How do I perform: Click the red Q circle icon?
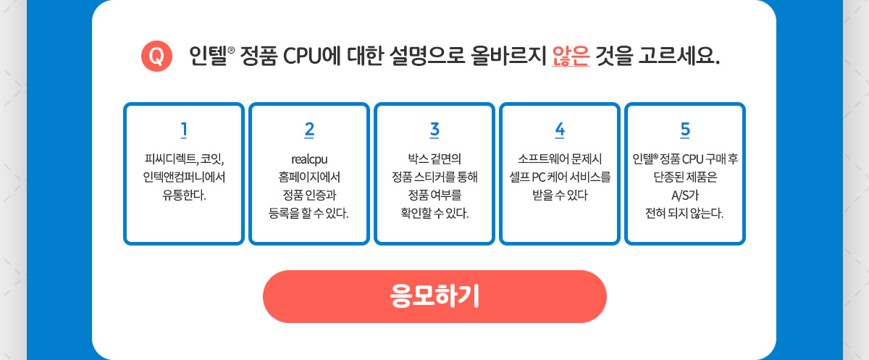[156, 56]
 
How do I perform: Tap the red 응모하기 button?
[434, 296]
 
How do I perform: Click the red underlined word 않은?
[571, 56]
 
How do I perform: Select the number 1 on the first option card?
[184, 130]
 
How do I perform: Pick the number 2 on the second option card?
[309, 130]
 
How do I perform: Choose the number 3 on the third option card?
[434, 130]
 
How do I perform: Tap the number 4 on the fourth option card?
[560, 130]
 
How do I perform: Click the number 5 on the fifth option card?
[685, 130]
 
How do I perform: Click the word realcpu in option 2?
[309, 159]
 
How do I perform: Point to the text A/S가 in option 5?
[685, 195]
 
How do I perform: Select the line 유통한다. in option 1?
[184, 195]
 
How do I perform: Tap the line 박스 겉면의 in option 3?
[434, 159]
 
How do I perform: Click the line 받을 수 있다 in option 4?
[560, 195]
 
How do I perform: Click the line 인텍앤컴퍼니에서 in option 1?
[184, 177]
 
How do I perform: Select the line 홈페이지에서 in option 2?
[309, 177]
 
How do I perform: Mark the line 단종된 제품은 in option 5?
[685, 177]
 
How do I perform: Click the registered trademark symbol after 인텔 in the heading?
[231, 50]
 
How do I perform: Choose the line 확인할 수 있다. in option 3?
[434, 213]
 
